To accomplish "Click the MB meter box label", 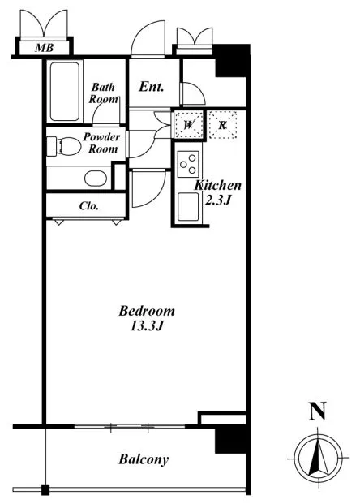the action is click(45, 48).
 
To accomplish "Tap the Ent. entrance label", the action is click(152, 87).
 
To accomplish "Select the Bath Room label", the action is click(104, 93).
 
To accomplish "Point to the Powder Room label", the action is click(102, 142).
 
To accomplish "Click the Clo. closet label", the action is click(89, 205).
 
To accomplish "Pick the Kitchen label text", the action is click(218, 186).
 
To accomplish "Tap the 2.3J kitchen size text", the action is click(218, 200).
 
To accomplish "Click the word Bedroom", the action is click(147, 311).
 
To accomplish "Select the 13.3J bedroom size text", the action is click(147, 326).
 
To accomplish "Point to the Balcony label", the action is click(144, 459).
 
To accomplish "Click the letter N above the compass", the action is click(318, 411).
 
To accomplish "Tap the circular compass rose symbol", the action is click(319, 458).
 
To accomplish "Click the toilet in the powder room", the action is click(64, 146).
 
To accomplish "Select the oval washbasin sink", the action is click(96, 179).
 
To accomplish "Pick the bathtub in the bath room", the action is click(65, 91).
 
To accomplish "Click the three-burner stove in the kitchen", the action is click(188, 164).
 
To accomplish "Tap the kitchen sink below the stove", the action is click(188, 207).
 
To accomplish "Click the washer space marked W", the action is click(189, 125).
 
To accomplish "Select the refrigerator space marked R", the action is click(222, 125).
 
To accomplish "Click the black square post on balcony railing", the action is click(45, 489).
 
